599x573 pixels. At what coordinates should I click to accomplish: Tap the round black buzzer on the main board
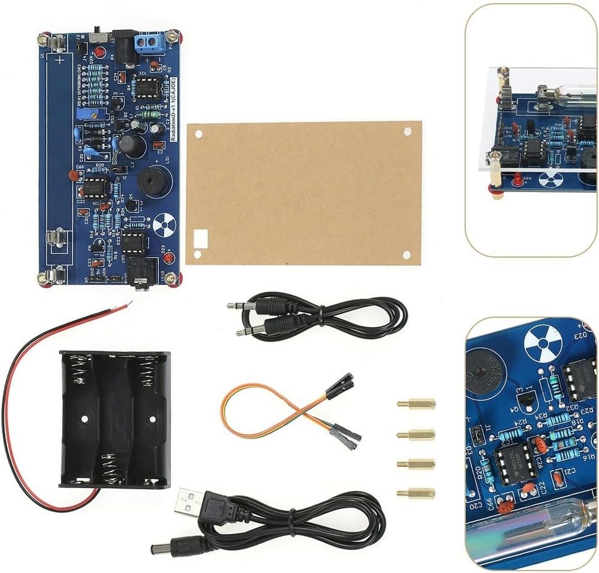pos(147,182)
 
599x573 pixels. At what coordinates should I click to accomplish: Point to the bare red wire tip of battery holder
pos(128,304)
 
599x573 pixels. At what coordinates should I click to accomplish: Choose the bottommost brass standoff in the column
pos(416,493)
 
